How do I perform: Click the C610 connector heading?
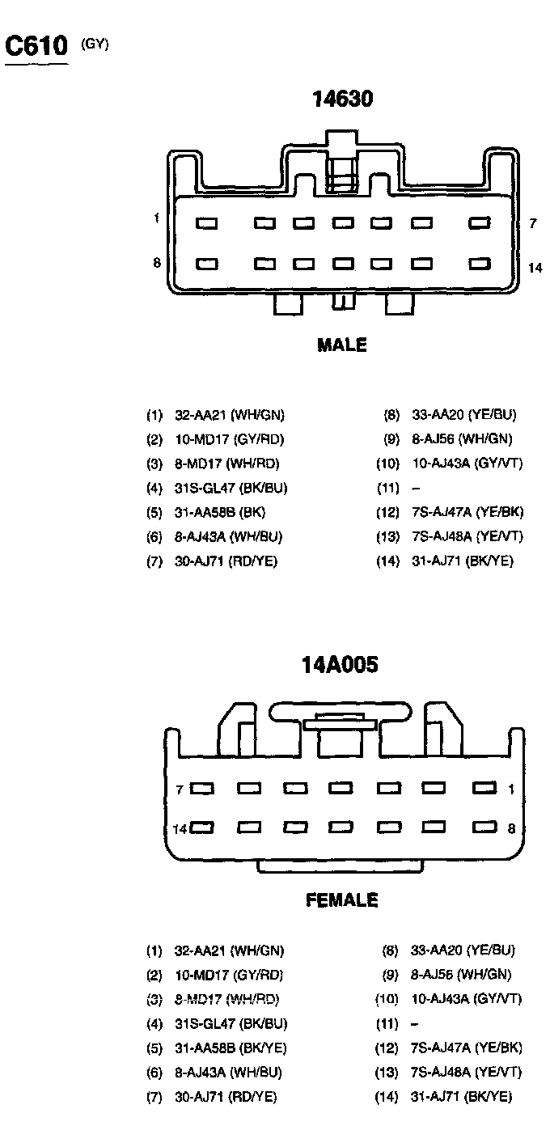[36, 46]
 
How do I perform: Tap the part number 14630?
[343, 99]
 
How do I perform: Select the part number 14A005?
[340, 665]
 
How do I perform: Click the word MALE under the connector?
[341, 345]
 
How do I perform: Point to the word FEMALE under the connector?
[341, 900]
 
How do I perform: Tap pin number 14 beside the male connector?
[535, 268]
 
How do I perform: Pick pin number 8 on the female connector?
[511, 828]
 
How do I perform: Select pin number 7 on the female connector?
[180, 789]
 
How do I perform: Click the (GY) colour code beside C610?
[95, 44]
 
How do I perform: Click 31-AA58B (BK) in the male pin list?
[219, 512]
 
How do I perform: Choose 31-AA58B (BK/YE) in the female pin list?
[230, 1048]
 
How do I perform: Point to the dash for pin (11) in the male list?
[416, 489]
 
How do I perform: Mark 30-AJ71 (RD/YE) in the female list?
[226, 1098]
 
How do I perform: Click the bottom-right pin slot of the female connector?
[484, 828]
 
